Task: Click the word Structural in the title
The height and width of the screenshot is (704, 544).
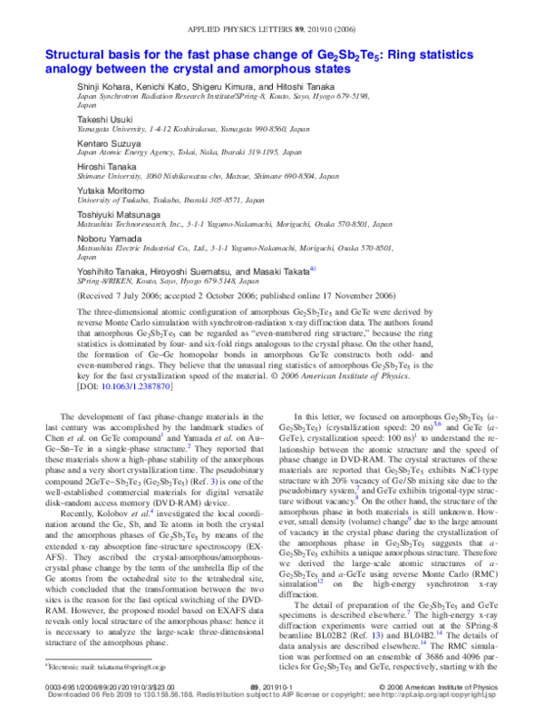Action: coord(76,54)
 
